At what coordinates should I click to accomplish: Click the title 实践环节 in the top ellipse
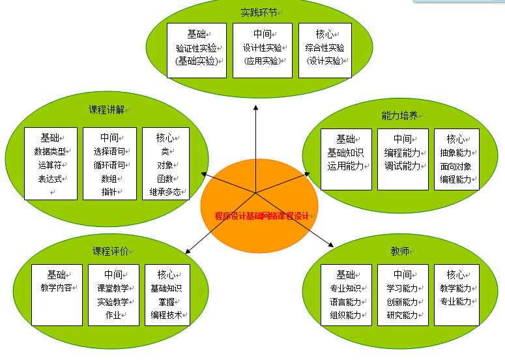click(258, 12)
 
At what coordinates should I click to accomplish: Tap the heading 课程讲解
click(106, 110)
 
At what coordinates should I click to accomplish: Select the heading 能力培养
click(399, 115)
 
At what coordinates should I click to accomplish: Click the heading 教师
click(399, 251)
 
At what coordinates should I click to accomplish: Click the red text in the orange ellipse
click(263, 216)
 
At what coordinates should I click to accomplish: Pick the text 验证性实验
click(196, 48)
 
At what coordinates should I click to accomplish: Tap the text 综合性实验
click(325, 48)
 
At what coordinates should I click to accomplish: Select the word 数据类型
click(50, 151)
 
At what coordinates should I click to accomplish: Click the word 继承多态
click(165, 192)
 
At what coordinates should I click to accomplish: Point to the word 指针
click(109, 192)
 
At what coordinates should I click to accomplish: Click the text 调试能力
click(402, 166)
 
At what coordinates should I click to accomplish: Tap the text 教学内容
click(56, 288)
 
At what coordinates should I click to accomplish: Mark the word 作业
click(113, 316)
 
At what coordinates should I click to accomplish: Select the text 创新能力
click(402, 302)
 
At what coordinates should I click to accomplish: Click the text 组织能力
click(345, 316)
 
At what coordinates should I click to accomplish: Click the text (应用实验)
click(262, 61)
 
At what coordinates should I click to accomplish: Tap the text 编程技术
click(166, 316)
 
